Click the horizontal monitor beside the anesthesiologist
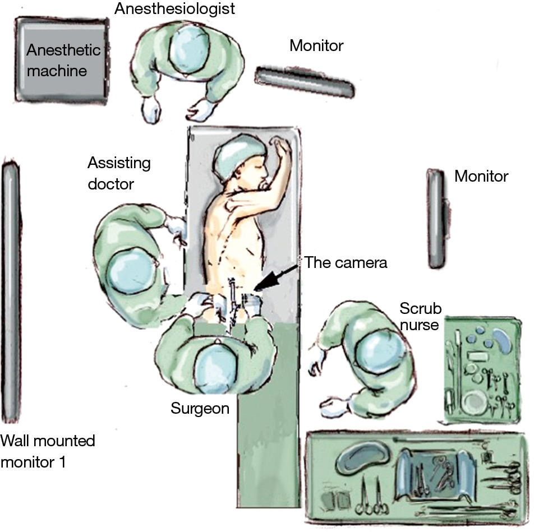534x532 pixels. pyautogui.click(x=305, y=81)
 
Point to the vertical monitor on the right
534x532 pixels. pyautogui.click(x=438, y=219)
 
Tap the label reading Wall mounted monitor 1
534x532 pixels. pyautogui.click(x=48, y=451)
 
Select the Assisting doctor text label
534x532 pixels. pyautogui.click(x=119, y=173)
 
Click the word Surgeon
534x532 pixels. pyautogui.click(x=200, y=409)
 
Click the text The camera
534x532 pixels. pyautogui.click(x=346, y=262)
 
